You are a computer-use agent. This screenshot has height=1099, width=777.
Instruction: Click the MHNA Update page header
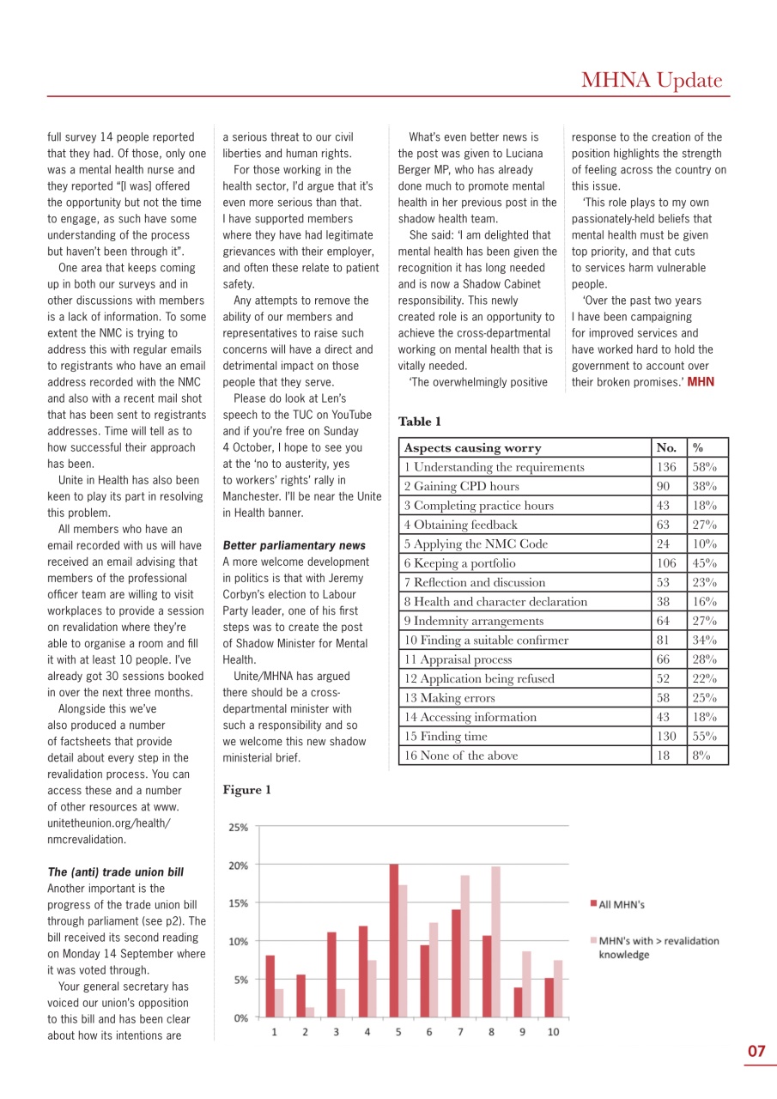click(651, 81)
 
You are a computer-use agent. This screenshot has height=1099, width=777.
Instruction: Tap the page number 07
click(756, 1051)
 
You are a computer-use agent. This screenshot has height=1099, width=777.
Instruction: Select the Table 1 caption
click(420, 422)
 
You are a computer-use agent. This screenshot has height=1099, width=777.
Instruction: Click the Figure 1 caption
click(246, 790)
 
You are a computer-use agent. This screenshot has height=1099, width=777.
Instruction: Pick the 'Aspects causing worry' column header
click(472, 448)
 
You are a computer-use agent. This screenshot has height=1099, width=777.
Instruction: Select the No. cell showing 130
click(665, 737)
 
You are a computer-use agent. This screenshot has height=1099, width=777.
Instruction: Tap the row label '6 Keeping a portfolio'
click(459, 563)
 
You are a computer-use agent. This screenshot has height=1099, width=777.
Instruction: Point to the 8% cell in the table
click(702, 756)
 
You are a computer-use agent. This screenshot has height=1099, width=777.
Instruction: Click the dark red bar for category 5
click(393, 940)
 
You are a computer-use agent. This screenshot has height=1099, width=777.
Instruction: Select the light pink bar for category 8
click(495, 942)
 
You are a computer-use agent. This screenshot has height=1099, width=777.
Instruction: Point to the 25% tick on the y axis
click(238, 828)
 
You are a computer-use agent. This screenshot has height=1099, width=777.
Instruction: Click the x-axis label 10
click(553, 1032)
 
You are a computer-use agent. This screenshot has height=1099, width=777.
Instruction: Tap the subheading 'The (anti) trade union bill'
click(115, 871)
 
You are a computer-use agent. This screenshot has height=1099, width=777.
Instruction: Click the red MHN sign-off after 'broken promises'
click(701, 381)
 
